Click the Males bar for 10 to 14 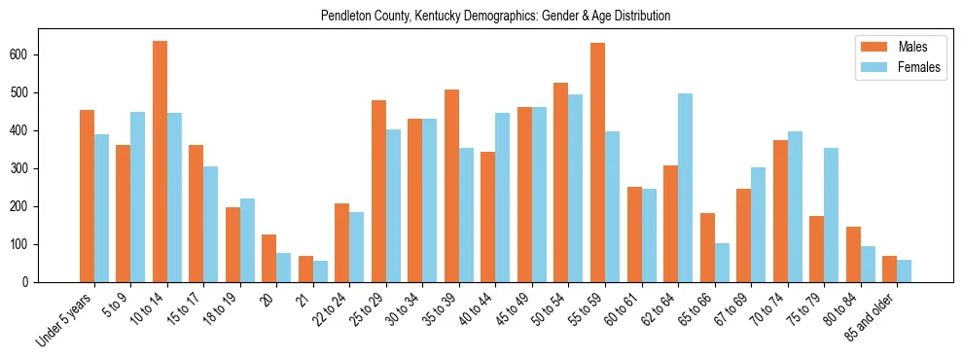pyautogui.click(x=160, y=162)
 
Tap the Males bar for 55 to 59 pyautogui.click(x=597, y=162)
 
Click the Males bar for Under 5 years pyautogui.click(x=87, y=196)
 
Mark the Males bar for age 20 pyautogui.click(x=269, y=258)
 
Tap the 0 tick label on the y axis pyautogui.click(x=31, y=282)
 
